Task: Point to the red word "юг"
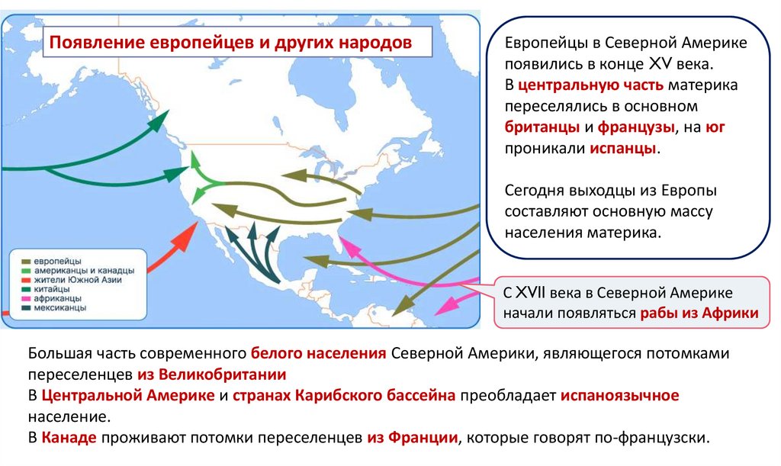tap(715, 127)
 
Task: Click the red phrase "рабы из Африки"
tap(699, 313)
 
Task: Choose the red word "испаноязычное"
tap(619, 396)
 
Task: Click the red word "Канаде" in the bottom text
tap(69, 438)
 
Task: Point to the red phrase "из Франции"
tap(412, 438)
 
